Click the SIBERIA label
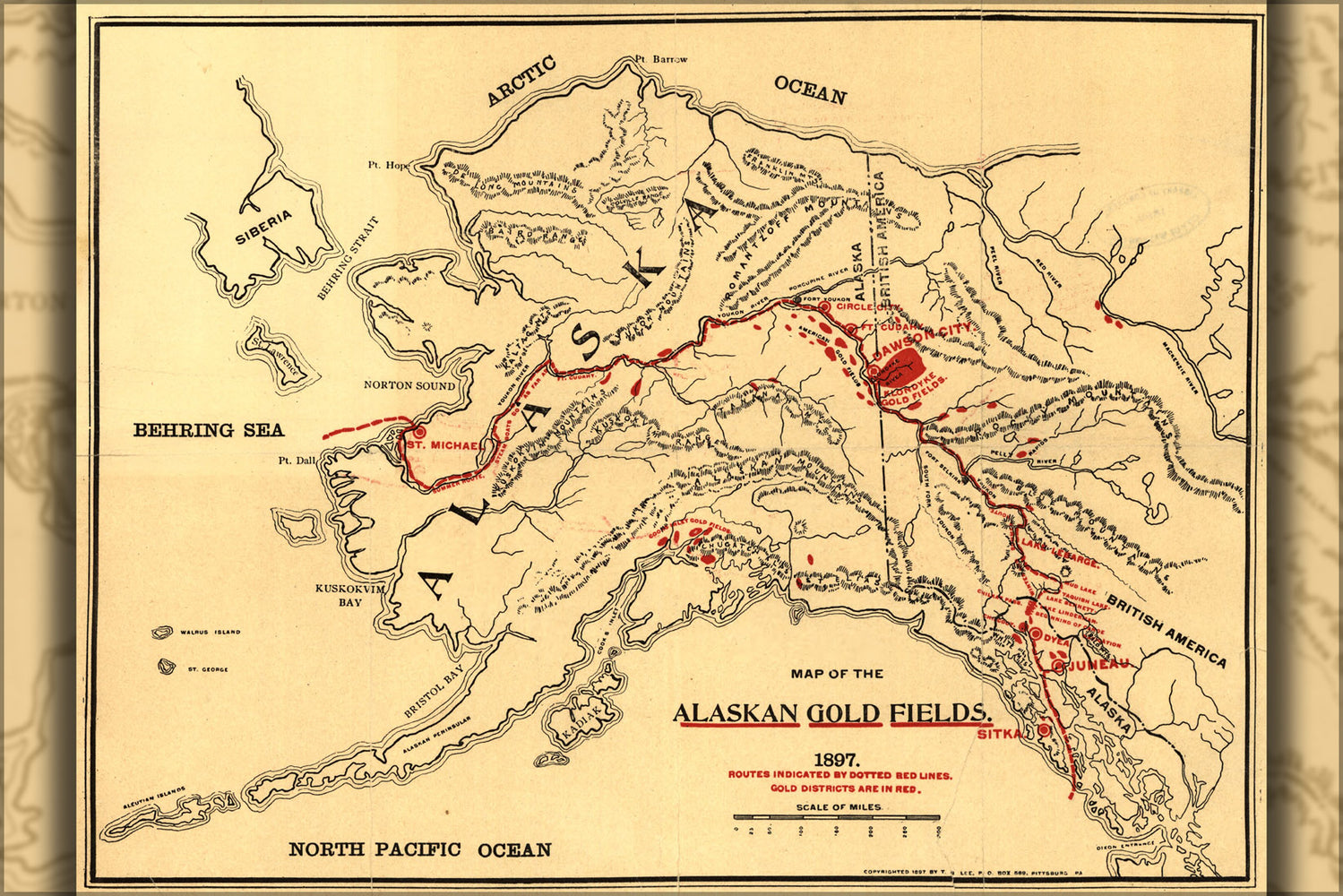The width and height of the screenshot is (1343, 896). pyautogui.click(x=263, y=228)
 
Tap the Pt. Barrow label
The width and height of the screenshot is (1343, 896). pyautogui.click(x=661, y=59)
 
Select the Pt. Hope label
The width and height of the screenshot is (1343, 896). pyautogui.click(x=388, y=165)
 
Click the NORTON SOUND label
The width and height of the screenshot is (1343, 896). pyautogui.click(x=409, y=385)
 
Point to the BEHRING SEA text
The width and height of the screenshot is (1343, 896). pyautogui.click(x=209, y=430)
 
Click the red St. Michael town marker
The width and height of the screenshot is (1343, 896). pyautogui.click(x=418, y=432)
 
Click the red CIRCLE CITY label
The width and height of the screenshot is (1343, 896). pyautogui.click(x=865, y=306)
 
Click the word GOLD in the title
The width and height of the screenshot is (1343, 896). pyautogui.click(x=844, y=713)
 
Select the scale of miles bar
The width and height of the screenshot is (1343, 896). pyautogui.click(x=836, y=817)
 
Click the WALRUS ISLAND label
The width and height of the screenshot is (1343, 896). pyautogui.click(x=210, y=633)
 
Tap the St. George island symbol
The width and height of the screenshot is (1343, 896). pyautogui.click(x=165, y=666)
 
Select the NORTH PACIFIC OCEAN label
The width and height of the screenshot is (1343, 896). pyautogui.click(x=419, y=849)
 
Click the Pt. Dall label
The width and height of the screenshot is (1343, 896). pyautogui.click(x=297, y=461)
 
